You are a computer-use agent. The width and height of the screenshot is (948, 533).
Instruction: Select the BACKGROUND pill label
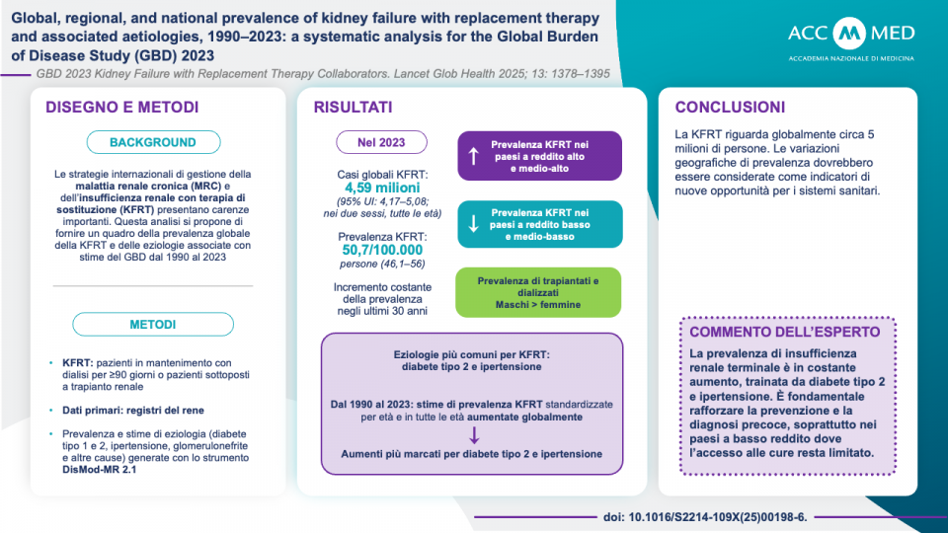coord(152,142)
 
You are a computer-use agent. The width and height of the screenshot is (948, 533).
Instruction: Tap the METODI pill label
coord(152,324)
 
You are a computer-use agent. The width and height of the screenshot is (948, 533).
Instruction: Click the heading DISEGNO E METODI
coord(122,107)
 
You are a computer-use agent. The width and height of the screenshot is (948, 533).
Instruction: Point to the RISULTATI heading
coord(353,107)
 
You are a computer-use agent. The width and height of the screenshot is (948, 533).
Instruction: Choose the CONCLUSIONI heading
coord(730,107)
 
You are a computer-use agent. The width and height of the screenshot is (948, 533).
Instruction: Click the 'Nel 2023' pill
coord(381,142)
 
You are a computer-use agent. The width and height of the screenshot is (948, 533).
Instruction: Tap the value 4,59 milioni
coord(381,188)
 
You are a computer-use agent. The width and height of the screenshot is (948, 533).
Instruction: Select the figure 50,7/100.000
coord(381,252)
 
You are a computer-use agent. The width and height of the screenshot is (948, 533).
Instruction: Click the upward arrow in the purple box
coord(473,156)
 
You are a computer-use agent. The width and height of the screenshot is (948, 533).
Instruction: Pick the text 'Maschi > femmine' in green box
coord(538,305)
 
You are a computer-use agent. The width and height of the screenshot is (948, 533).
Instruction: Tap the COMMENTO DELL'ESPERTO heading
coord(787,332)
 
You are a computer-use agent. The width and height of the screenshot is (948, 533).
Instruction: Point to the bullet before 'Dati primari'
coord(52,407)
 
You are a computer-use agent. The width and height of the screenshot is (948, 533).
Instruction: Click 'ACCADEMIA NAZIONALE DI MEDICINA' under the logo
coord(851,58)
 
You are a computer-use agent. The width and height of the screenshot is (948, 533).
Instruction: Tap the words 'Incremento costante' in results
coord(381,286)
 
